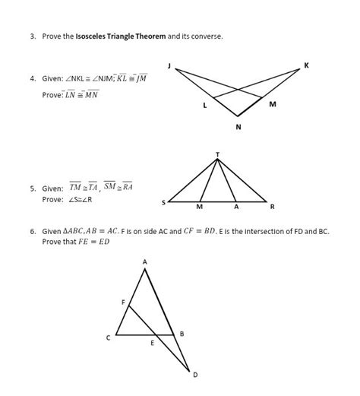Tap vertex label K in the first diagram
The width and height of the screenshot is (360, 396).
306,65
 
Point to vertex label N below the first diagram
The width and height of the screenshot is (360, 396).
238,127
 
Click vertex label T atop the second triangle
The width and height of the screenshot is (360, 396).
218,154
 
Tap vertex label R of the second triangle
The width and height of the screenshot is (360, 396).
273,206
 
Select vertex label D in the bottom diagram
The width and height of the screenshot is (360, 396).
194,374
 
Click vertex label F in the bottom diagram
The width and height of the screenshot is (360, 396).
124,303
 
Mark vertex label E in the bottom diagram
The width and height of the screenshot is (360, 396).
152,344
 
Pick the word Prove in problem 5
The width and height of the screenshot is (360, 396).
52,199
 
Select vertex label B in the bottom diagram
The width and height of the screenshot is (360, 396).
182,334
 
